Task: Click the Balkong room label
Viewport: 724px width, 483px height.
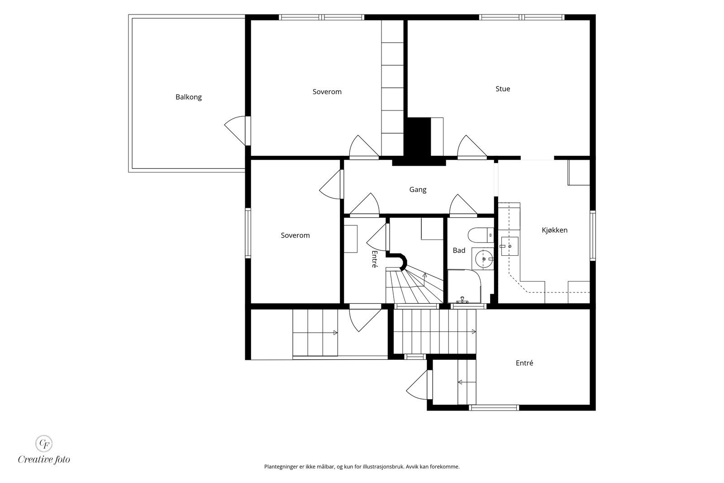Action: pyautogui.click(x=188, y=97)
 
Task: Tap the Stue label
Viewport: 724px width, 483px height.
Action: pyautogui.click(x=503, y=89)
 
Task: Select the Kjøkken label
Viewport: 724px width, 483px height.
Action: pyautogui.click(x=554, y=230)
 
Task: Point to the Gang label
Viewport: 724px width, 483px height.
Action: pyautogui.click(x=418, y=190)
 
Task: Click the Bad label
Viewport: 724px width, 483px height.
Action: pyautogui.click(x=459, y=250)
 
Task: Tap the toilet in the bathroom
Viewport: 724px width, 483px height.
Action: pyautogui.click(x=481, y=235)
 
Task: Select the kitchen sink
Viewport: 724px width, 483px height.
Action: pyautogui.click(x=510, y=246)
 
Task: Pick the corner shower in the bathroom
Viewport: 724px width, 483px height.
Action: pyautogui.click(x=464, y=287)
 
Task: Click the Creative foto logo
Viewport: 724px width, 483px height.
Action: pyautogui.click(x=43, y=450)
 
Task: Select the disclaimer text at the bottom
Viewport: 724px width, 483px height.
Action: pyautogui.click(x=362, y=467)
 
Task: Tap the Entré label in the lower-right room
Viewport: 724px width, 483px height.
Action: pyautogui.click(x=524, y=363)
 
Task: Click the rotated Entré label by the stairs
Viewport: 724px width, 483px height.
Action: pyautogui.click(x=374, y=259)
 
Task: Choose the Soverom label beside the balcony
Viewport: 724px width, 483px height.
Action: pyautogui.click(x=327, y=92)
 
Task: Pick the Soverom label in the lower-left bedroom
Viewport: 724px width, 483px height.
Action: pyautogui.click(x=295, y=235)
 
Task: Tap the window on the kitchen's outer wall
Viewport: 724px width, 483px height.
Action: pyautogui.click(x=592, y=236)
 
